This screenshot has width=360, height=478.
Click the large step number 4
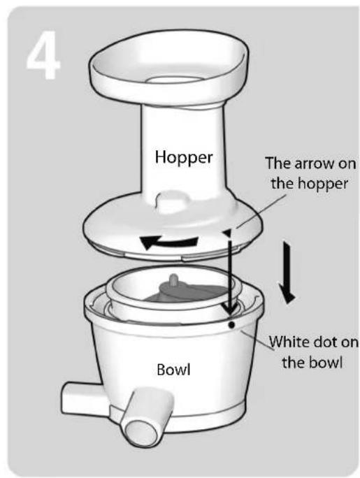click(43, 55)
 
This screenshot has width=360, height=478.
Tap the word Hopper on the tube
click(184, 158)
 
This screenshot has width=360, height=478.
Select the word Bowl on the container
click(173, 370)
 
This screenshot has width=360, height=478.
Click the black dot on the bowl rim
click(232, 325)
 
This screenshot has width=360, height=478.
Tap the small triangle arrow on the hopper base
click(227, 233)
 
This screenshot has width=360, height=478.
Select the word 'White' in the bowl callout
click(289, 342)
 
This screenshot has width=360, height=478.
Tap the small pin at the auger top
click(173, 279)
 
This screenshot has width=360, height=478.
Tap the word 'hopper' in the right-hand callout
click(323, 184)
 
